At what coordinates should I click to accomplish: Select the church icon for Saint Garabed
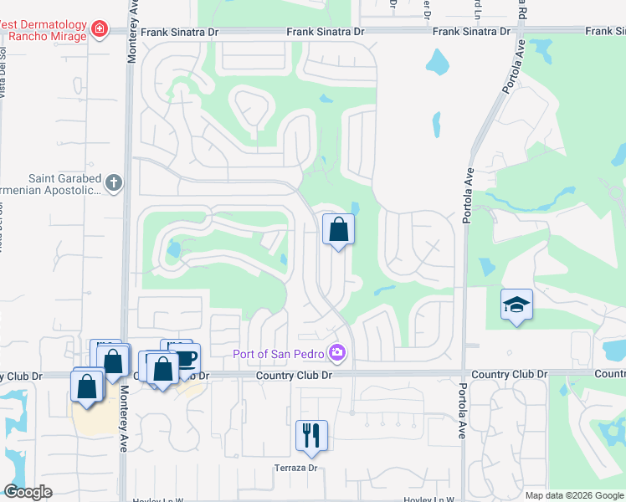click(114, 182)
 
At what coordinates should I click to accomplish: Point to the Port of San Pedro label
click(280, 353)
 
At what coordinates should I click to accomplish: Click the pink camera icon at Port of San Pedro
click(336, 353)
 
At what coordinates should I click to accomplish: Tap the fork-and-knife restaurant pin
click(311, 435)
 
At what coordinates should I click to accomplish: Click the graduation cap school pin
click(516, 305)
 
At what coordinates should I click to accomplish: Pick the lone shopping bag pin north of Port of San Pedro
click(338, 229)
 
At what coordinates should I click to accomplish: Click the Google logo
click(28, 493)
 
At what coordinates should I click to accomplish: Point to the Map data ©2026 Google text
click(574, 495)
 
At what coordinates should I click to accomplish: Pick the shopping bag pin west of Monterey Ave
click(87, 386)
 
